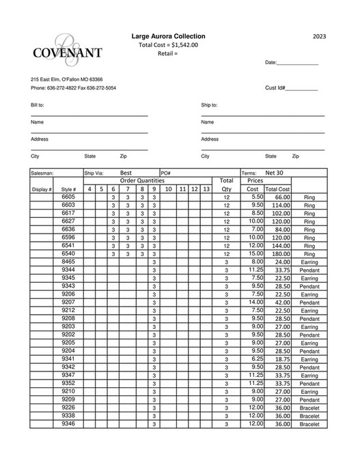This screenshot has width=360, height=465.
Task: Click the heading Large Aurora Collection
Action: point(167,36)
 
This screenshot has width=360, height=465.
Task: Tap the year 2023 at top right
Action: point(320,36)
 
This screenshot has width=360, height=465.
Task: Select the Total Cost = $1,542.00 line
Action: point(168,44)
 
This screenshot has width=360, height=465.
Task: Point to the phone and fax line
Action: point(73,88)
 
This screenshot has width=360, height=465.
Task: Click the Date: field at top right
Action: point(292,62)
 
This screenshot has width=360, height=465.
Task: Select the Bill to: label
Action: point(38,105)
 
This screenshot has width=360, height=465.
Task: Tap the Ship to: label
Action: point(209,105)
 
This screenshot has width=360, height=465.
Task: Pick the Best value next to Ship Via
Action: point(126,173)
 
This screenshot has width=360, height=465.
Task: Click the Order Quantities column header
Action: point(142,180)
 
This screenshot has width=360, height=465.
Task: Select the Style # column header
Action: point(68,189)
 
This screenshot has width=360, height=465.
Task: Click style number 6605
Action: point(68,197)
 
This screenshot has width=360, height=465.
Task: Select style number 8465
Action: point(68,262)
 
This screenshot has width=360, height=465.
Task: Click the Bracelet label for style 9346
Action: point(309,424)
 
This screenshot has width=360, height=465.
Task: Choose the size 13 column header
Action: point(206,189)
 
